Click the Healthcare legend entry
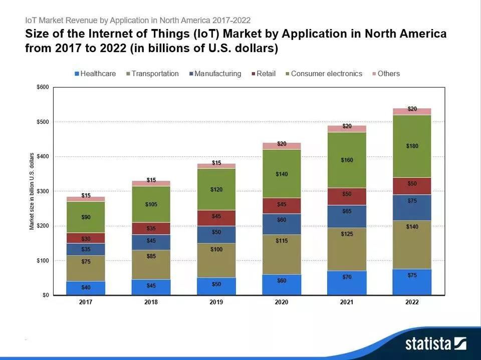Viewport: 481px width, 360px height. (95, 74)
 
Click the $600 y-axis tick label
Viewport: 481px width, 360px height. (42, 87)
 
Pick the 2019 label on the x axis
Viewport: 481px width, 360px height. (216, 302)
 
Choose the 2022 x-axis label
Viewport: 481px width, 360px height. (411, 302)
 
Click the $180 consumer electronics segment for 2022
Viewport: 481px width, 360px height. (411, 146)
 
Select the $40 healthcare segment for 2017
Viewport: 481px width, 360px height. (86, 288)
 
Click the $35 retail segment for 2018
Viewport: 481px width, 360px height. (151, 229)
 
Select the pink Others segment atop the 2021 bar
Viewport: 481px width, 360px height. (346, 129)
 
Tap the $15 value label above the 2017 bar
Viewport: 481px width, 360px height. (86, 195)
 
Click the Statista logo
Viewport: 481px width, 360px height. (435, 343)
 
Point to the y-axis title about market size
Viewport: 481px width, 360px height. (32, 192)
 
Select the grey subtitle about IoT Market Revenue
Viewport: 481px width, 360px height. (138, 21)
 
